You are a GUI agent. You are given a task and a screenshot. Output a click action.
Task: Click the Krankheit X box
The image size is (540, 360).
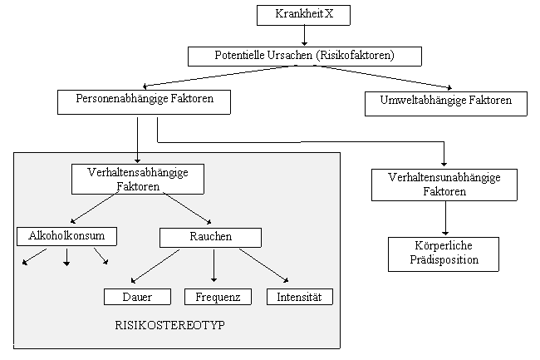(305, 15)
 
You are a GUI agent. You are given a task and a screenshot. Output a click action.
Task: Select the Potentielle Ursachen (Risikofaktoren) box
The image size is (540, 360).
(305, 56)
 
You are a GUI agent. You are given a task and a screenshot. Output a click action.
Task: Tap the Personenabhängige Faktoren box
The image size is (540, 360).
(143, 102)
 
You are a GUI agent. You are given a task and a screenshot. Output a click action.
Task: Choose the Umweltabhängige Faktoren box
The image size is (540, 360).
(446, 102)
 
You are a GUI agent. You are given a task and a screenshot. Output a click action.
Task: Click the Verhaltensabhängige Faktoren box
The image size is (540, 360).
(138, 179)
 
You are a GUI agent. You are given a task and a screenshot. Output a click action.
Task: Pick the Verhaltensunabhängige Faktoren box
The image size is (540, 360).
(445, 185)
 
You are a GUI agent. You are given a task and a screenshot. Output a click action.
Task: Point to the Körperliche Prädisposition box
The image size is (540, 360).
(445, 254)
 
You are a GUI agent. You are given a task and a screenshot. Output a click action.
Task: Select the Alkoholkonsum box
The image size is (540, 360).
(66, 236)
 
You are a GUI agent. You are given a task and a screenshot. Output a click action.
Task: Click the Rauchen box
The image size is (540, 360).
(209, 237)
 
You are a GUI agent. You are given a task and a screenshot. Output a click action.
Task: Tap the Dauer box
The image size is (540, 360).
(138, 296)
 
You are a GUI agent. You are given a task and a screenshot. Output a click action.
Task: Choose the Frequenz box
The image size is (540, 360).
(218, 296)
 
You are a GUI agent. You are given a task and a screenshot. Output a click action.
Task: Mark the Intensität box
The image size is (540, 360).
(300, 296)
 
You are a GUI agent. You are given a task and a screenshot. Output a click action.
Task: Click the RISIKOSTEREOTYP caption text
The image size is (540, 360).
(170, 325)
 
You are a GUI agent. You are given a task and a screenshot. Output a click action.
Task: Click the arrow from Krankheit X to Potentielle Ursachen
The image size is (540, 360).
(305, 35)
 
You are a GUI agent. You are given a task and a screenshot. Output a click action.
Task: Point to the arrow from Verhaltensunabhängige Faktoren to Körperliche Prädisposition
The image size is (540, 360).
(445, 218)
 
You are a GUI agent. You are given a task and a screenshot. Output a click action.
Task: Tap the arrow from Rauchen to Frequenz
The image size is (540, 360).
(214, 266)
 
